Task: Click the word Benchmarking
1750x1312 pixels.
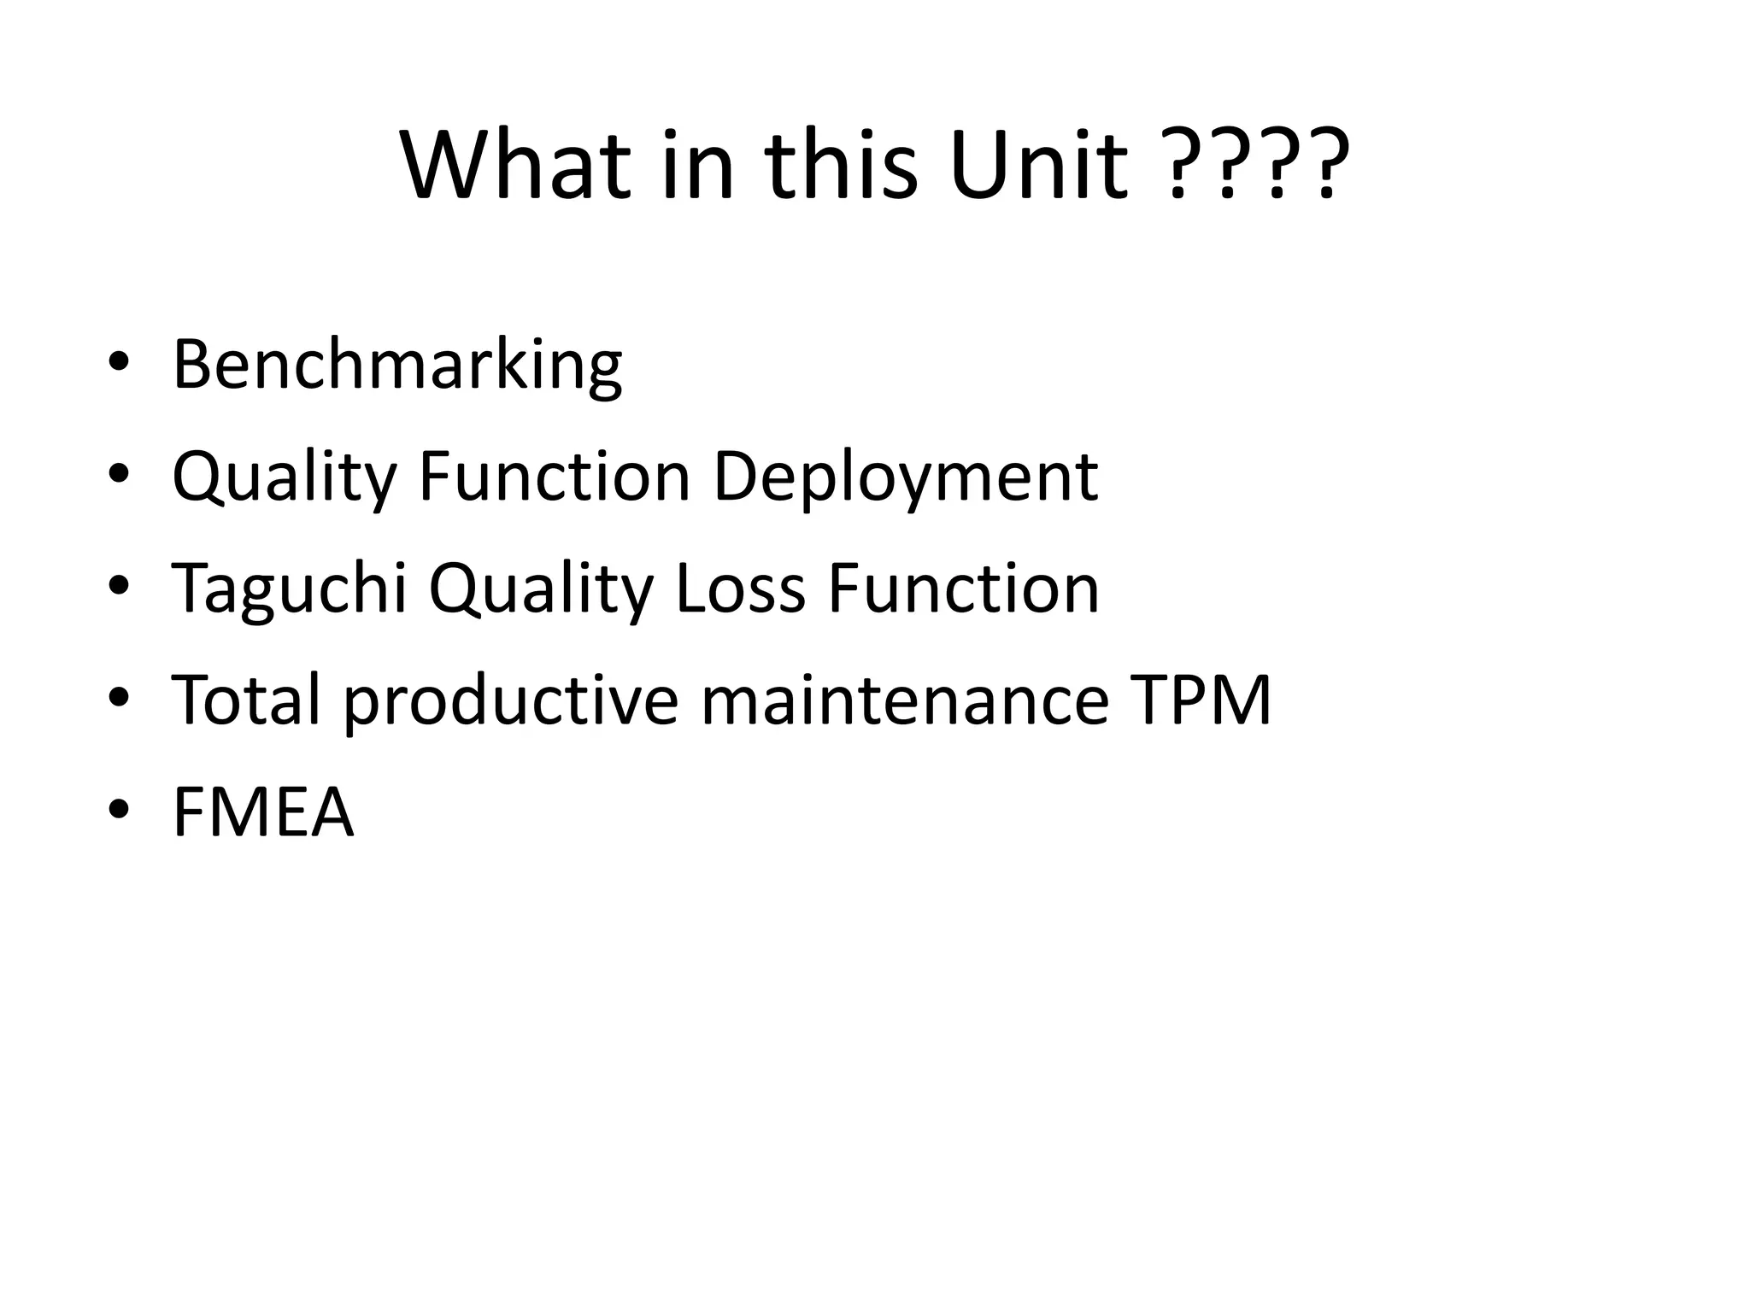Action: [x=396, y=366]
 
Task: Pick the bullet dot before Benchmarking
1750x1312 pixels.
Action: [x=119, y=362]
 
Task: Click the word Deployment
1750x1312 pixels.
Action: [x=905, y=477]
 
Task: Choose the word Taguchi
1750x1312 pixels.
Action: [x=290, y=589]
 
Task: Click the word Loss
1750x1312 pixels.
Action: [x=740, y=589]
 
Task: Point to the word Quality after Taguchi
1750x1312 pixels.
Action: [x=541, y=589]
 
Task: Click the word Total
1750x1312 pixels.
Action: [x=247, y=700]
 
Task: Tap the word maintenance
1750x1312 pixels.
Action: [x=905, y=700]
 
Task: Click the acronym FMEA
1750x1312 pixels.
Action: [x=262, y=812]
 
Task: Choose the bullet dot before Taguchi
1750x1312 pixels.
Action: [x=119, y=586]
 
